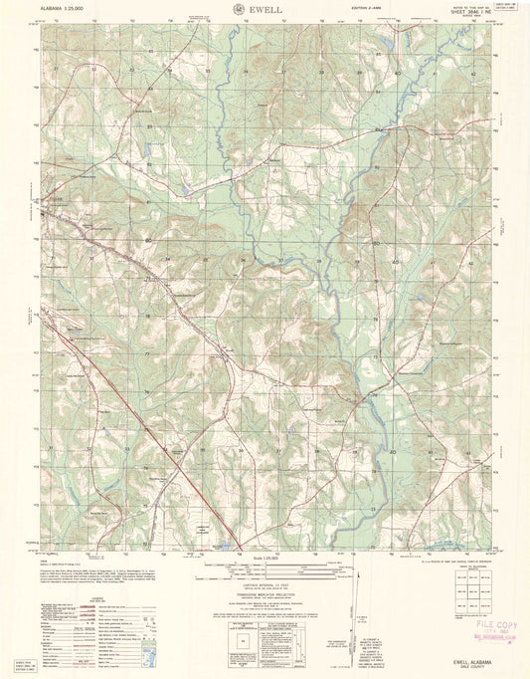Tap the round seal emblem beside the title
click(x=240, y=9)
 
